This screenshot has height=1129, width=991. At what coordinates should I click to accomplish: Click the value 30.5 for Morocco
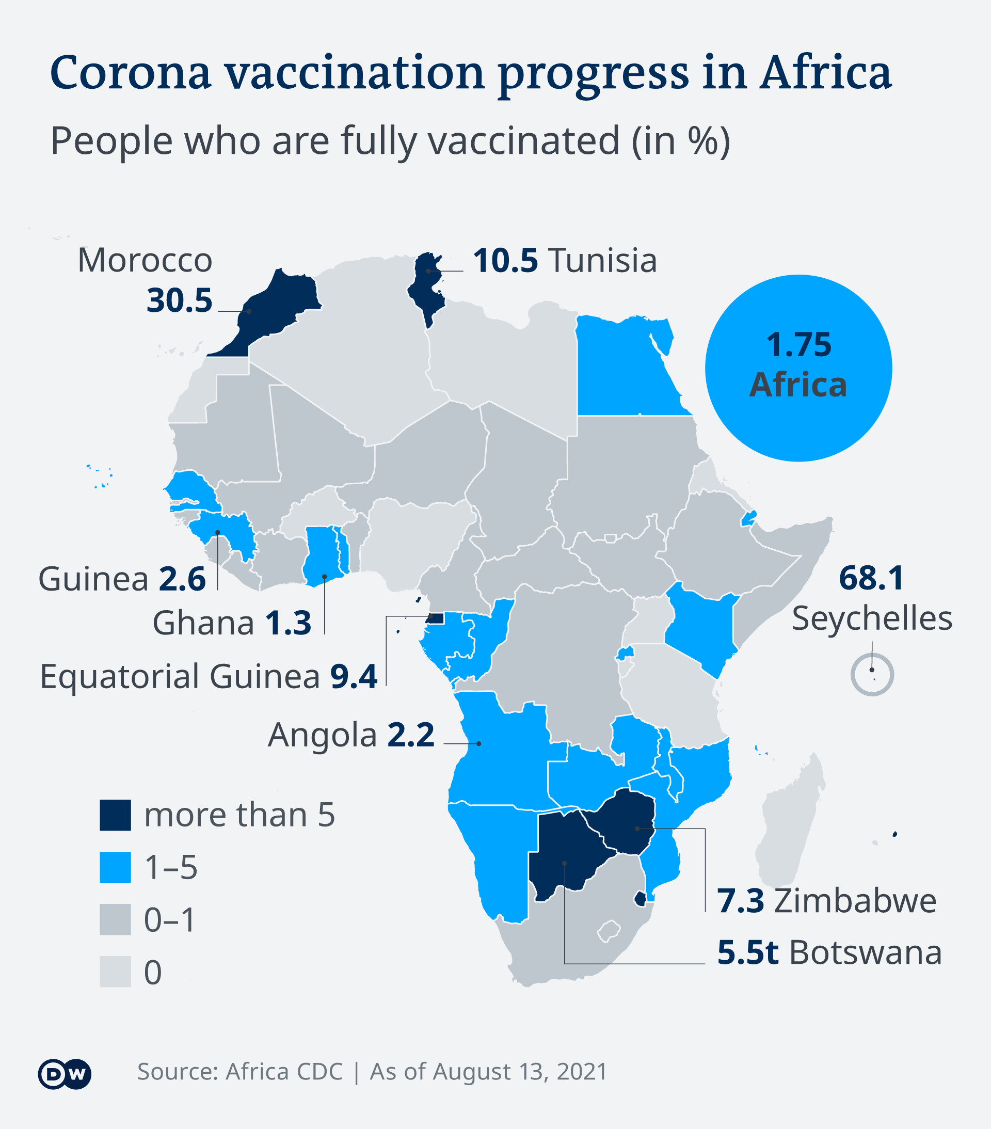tap(179, 301)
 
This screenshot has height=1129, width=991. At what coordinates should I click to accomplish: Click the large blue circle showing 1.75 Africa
tap(798, 368)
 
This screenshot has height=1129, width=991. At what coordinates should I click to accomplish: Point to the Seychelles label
tap(872, 618)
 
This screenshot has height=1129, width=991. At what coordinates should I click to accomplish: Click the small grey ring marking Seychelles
tap(872, 674)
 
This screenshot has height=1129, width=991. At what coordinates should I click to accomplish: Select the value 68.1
tap(871, 578)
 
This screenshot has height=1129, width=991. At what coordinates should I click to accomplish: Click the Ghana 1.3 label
tap(232, 623)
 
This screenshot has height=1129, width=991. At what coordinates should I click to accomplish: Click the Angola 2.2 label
tap(351, 735)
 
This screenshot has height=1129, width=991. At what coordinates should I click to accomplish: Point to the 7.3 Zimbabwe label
tap(826, 901)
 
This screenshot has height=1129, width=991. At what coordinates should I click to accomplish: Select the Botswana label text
tap(865, 953)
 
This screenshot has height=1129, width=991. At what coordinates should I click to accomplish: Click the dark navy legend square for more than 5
tap(116, 815)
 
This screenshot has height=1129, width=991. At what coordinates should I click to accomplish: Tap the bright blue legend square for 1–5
tap(116, 867)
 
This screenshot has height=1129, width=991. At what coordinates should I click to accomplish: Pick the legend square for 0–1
tap(116, 919)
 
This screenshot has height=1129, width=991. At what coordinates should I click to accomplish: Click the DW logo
tap(65, 1074)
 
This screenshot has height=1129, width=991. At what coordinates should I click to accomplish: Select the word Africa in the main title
tap(825, 73)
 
